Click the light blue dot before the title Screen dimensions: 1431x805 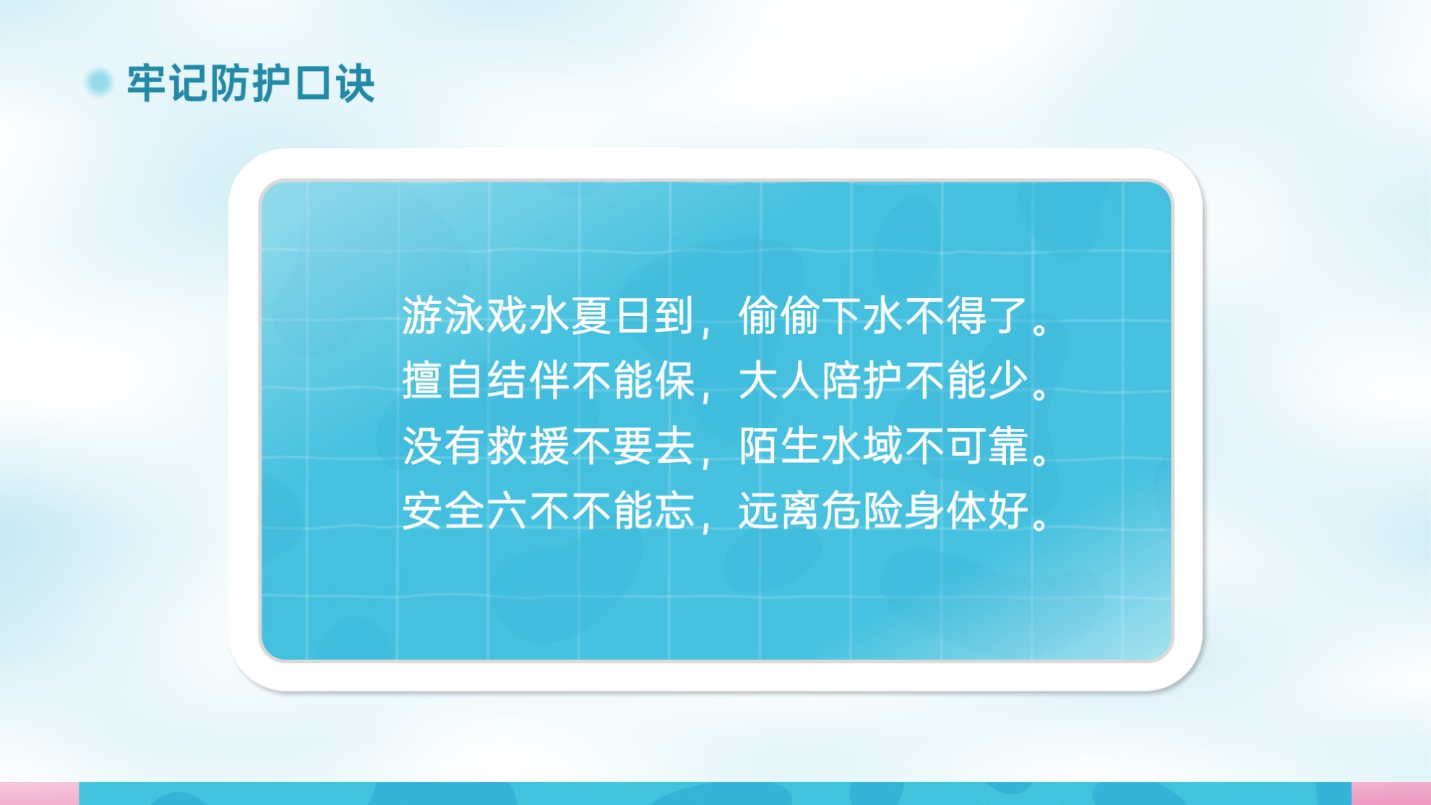pos(99,82)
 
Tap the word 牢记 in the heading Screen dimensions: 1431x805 pos(168,83)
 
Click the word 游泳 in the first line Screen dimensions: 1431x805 pos(443,316)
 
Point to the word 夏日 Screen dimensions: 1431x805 pos(611,316)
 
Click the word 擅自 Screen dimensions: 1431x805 pos(443,380)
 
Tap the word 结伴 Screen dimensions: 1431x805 pos(527,380)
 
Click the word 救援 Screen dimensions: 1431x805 pos(527,446)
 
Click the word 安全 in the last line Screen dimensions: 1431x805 pos(443,511)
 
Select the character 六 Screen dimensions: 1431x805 pos(506,511)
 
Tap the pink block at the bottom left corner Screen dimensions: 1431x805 pos(39,793)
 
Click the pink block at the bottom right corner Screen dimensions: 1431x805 pos(1391,793)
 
